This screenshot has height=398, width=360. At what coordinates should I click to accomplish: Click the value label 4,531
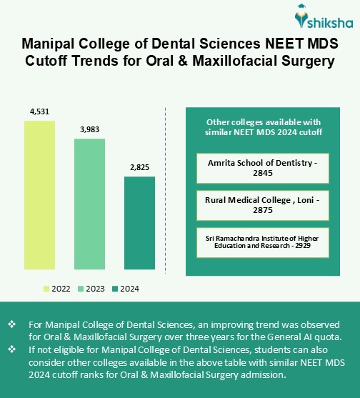click(x=39, y=111)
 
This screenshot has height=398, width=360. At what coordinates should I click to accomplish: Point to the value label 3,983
click(x=89, y=129)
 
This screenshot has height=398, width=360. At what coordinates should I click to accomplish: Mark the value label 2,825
click(x=139, y=167)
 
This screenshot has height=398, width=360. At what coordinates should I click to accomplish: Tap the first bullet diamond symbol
click(x=12, y=324)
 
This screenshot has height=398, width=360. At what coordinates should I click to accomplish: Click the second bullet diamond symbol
click(x=12, y=349)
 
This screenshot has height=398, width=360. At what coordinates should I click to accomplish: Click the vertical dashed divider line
click(x=166, y=193)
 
